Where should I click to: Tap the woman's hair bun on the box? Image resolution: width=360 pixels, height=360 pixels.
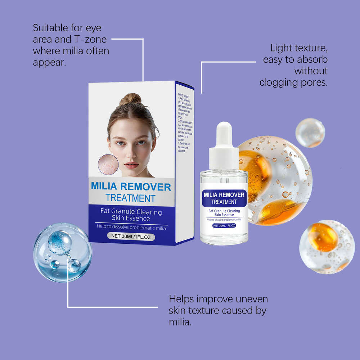(130, 99)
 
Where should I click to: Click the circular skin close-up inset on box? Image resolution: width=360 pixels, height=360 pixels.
(108, 165)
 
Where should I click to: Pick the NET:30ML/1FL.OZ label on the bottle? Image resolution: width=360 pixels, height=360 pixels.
(224, 225)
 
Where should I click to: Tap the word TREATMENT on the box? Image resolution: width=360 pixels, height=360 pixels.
(130, 198)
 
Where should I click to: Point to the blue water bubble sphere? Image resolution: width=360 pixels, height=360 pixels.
(63, 252)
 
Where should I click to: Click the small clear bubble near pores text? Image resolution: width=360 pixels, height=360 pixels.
(310, 132)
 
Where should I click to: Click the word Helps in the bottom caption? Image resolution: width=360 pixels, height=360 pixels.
(184, 299)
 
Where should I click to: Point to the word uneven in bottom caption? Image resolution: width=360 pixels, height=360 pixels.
(250, 299)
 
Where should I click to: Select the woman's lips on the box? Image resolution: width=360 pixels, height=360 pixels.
(131, 165)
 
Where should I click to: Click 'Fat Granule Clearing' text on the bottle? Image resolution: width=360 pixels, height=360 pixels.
(224, 211)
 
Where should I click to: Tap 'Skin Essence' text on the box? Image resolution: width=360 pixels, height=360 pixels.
(131, 218)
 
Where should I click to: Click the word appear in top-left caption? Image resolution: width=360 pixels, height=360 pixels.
(49, 63)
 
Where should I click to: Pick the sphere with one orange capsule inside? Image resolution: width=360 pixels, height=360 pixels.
(327, 246)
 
